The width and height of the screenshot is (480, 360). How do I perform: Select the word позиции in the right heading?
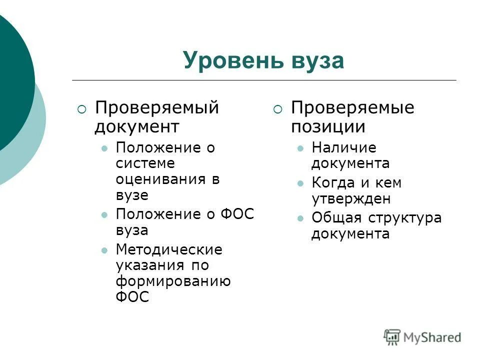[328, 126]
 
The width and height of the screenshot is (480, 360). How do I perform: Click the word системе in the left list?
[145, 163]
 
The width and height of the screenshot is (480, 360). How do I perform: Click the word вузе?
[132, 195]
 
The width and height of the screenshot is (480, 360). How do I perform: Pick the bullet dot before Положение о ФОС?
[104, 215]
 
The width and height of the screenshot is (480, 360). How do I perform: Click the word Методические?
[169, 249]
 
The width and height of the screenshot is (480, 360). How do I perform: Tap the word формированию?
[173, 281]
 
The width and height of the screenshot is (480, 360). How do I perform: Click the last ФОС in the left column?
[132, 297]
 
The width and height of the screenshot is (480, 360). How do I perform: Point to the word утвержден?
[350, 199]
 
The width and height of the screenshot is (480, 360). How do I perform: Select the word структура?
[404, 218]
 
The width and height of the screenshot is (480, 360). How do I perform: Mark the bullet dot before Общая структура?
[300, 218]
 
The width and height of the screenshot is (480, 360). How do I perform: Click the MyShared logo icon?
[392, 336]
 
